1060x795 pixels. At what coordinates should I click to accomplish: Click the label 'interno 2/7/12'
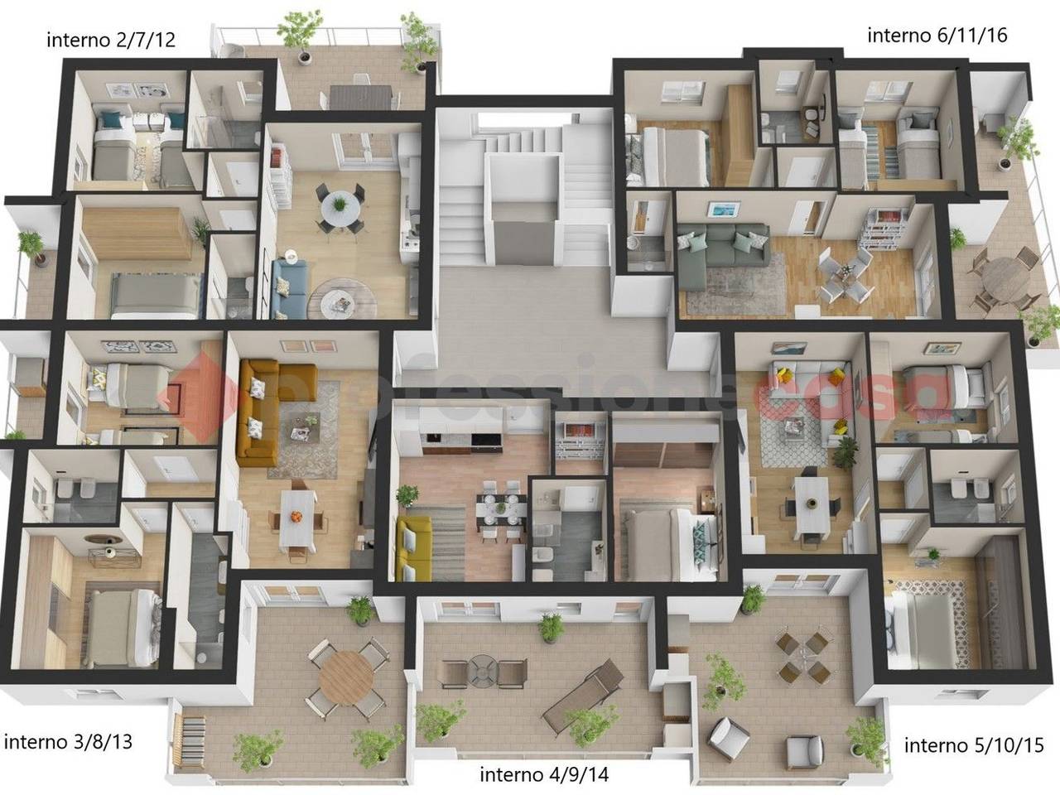click(111, 40)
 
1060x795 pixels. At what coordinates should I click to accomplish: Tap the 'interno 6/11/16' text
click(937, 36)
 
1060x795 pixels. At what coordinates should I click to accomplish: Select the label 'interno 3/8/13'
click(68, 742)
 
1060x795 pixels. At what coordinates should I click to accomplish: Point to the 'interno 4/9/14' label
click(544, 775)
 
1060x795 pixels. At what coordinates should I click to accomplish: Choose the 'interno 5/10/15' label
click(974, 745)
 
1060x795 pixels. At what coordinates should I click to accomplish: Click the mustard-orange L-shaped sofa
click(271, 410)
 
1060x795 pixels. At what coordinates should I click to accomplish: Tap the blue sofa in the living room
click(289, 289)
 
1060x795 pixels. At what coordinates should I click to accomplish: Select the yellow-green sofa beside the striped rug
click(413, 548)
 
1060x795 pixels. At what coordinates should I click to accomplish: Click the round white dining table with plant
click(340, 206)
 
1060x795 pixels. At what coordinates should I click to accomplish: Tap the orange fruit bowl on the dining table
click(296, 517)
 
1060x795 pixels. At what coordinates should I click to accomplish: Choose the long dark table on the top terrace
click(361, 97)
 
